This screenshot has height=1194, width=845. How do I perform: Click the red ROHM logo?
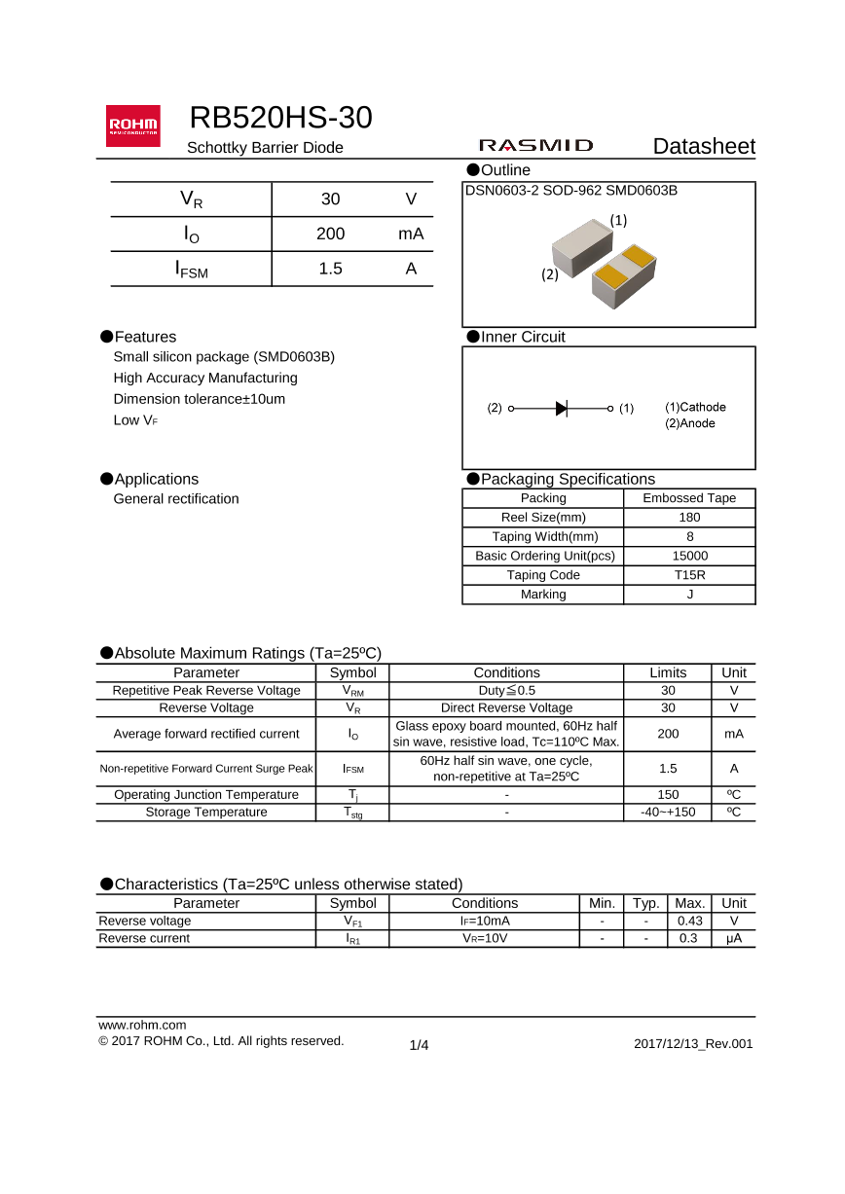[x=133, y=126]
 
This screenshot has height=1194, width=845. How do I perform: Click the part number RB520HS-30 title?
[x=280, y=118]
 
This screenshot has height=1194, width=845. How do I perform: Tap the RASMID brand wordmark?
[x=535, y=146]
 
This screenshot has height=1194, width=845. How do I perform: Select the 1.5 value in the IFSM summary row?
[x=331, y=270]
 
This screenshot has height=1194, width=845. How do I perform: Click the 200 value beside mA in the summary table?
[x=331, y=235]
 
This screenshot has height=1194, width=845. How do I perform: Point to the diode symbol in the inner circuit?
[x=562, y=409]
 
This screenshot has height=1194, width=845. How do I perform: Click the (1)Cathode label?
[x=695, y=407]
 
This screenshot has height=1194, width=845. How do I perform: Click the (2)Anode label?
[x=690, y=423]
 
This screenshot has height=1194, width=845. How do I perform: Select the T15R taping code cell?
[x=689, y=575]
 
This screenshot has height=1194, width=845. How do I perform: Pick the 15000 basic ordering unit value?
[x=689, y=556]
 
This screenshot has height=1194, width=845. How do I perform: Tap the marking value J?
[x=689, y=595]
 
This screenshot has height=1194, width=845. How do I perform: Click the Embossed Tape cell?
[x=689, y=498]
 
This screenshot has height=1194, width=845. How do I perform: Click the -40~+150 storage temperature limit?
[x=668, y=813]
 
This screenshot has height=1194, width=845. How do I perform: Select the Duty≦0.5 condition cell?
[x=506, y=691]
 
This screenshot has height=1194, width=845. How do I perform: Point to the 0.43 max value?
[x=689, y=921]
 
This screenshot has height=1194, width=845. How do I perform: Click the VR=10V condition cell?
[x=484, y=939]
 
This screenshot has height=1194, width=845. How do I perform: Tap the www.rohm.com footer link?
[x=142, y=1025]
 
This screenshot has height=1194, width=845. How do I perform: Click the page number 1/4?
[x=419, y=1045]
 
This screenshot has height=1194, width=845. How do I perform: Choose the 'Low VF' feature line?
[x=135, y=420]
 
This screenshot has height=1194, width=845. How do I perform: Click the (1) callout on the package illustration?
[x=618, y=221]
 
